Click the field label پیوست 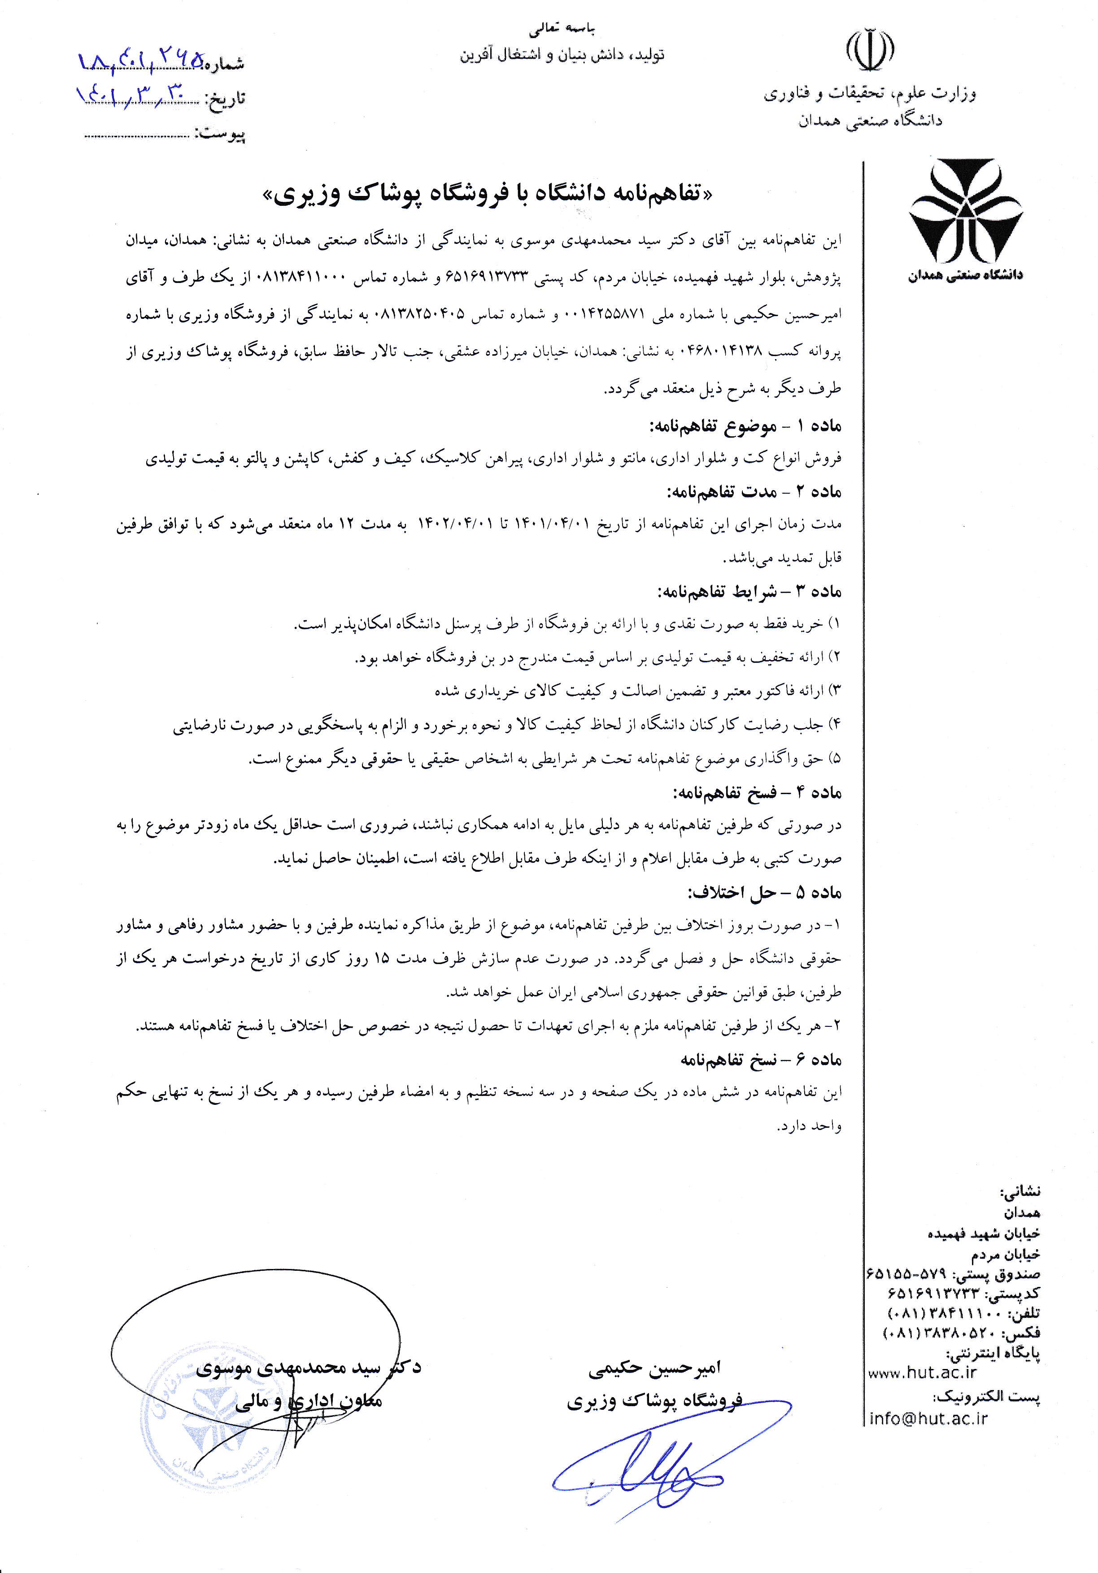tap(221, 134)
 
